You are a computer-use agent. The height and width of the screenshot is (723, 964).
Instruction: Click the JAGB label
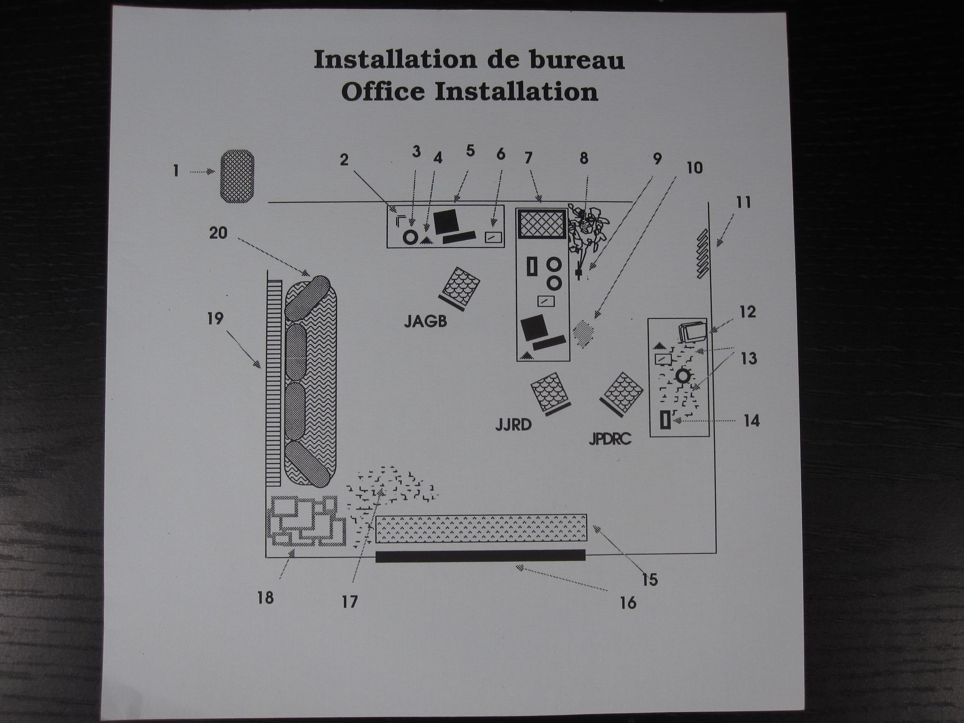426,321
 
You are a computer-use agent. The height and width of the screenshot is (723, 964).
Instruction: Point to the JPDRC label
610,439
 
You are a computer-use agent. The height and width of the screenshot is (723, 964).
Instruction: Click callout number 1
176,171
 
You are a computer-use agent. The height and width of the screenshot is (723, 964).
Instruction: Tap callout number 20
218,233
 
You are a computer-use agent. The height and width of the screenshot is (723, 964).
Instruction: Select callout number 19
215,319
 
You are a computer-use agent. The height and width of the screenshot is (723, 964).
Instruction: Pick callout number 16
628,602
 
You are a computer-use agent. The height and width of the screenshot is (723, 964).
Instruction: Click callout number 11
743,202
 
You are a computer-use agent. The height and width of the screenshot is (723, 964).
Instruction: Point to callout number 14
751,421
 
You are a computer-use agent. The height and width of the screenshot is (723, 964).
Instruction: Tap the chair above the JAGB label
460,288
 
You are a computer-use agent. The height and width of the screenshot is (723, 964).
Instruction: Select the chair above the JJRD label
550,394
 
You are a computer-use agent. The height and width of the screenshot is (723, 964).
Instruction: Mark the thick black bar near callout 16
481,555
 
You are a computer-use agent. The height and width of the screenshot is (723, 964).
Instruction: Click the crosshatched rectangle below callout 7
542,223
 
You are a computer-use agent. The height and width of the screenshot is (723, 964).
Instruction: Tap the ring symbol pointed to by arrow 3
411,237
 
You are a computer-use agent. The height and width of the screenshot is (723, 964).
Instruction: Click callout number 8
584,158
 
